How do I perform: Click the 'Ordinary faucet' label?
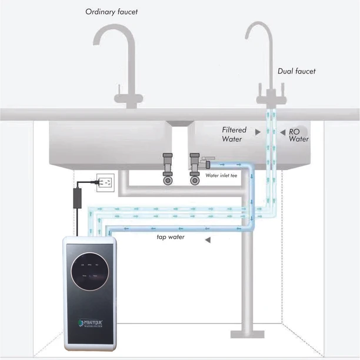(112, 11)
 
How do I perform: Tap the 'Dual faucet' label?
(296, 71)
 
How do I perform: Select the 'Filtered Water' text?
(234, 134)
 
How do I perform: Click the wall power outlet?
(105, 182)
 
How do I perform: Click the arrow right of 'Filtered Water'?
(258, 134)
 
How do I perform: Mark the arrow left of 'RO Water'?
(282, 132)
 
